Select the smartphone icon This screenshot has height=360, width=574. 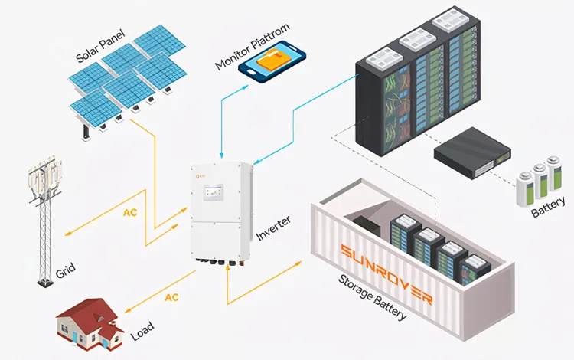(x=272, y=64)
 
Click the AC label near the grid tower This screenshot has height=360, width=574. (x=131, y=212)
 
